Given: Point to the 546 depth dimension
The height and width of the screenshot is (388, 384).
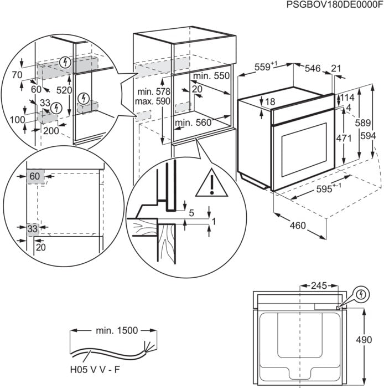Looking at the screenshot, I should pos(313,68).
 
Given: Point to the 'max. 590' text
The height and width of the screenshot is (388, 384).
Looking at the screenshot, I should pos(152,101).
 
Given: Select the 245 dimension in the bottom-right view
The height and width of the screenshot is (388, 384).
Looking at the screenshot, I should pos(320,287).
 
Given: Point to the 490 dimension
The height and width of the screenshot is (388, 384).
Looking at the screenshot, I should pos(375,340).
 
